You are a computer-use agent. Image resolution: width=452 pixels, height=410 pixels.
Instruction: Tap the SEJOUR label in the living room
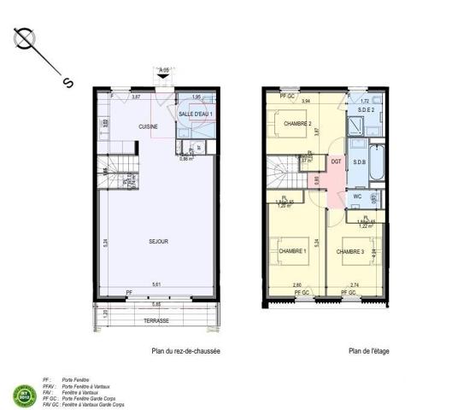156,242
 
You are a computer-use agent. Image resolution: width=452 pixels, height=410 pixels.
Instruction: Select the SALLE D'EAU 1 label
197,114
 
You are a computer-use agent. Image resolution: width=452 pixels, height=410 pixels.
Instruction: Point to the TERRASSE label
156,321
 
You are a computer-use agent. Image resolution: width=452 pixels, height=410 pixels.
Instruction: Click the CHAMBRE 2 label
296,124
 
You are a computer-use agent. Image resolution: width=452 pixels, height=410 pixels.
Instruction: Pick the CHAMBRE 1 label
293,251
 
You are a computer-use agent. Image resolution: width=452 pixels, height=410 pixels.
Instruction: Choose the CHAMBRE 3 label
351,251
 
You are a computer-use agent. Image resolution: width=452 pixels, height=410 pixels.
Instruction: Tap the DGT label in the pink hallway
336,161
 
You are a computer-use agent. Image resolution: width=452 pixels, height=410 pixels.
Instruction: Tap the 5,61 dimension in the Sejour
156,284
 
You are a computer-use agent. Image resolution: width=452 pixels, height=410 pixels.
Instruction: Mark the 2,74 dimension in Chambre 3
354,284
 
